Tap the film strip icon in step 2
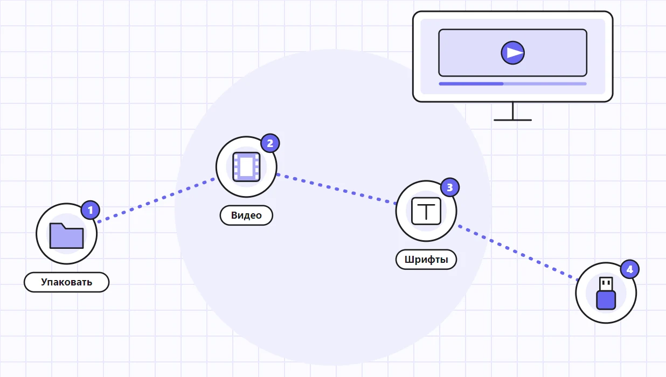coord(246,166)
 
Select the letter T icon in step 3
coord(426,211)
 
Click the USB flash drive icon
coord(606,293)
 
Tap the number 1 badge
coord(91,210)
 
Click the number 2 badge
coord(270,143)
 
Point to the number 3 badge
coord(450,187)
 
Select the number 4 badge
coord(630,269)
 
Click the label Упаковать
coord(67,282)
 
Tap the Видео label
coord(246,215)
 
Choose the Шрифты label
coord(426,260)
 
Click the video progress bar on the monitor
coord(512,84)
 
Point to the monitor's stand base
coord(512,120)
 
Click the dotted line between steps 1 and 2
coord(156,200)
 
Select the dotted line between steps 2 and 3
coord(336,189)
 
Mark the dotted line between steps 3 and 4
coord(518,253)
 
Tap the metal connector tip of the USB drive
coord(606,284)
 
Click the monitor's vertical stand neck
coord(512,111)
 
